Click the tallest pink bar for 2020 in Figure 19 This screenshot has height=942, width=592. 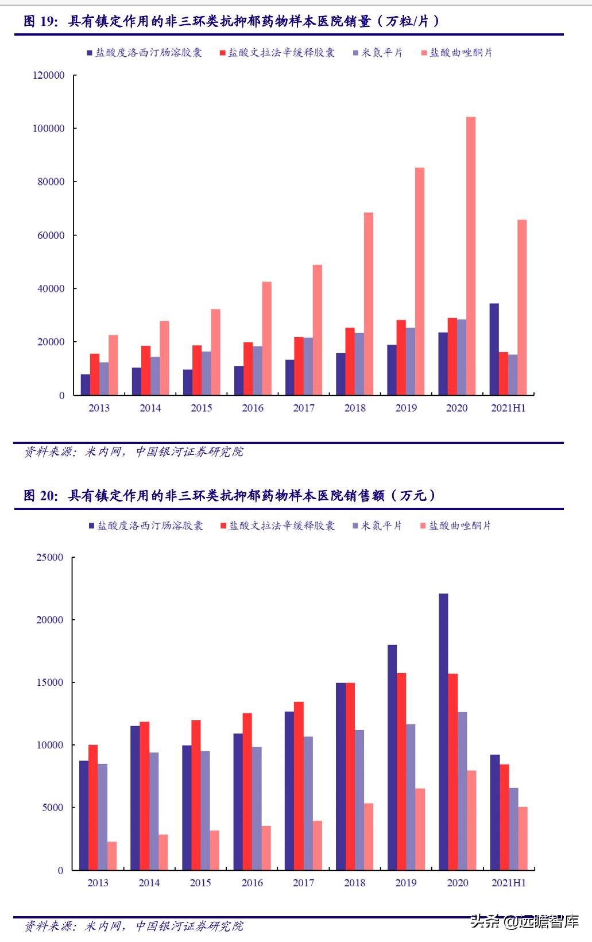[471, 256]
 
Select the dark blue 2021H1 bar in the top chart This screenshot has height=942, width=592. [494, 349]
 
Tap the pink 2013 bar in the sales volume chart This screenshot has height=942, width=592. [113, 365]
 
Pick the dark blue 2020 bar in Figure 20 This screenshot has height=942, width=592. [443, 732]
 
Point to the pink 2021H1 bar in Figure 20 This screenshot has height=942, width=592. [523, 839]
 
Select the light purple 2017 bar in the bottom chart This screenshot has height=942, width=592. [308, 803]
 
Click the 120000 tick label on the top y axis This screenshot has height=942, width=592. [49, 75]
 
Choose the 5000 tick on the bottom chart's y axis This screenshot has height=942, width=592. [52, 808]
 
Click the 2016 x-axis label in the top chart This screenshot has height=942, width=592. [253, 408]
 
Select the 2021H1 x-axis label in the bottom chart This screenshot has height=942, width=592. [509, 883]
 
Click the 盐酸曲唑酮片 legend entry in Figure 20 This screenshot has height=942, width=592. [460, 526]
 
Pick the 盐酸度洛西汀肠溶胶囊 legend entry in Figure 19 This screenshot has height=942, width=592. [148, 53]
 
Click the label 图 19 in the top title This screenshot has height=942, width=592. [40, 22]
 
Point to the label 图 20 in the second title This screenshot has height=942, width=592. [40, 496]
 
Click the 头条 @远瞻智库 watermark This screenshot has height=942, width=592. [524, 922]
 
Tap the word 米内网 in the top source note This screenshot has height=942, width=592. [103, 452]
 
